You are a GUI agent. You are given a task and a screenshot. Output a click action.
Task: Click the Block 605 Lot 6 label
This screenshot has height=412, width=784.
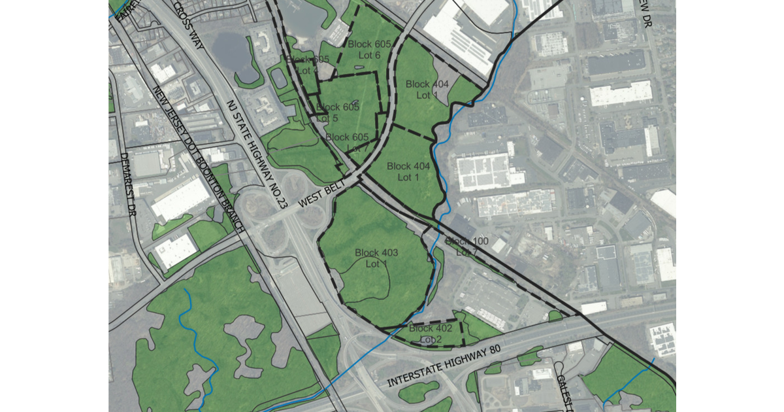tap(369, 50)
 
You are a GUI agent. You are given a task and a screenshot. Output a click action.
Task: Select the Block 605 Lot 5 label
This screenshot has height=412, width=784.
tap(336, 112)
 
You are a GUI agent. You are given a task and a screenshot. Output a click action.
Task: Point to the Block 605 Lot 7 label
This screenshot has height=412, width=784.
tap(347, 143)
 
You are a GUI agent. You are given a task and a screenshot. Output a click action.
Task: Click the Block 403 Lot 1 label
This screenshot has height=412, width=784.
tap(376, 258)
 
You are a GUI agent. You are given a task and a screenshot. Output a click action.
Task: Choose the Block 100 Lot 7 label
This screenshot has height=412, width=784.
tap(466, 247)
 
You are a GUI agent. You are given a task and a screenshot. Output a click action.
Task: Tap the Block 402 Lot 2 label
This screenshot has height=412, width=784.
tap(431, 334)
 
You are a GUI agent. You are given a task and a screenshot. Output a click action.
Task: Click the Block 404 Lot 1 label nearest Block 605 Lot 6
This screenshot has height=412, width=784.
tap(427, 89)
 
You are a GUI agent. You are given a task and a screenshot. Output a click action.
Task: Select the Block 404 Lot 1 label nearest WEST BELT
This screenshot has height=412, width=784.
tap(408, 171)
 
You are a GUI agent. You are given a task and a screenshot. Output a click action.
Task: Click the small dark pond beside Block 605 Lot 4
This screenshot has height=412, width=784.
tap(279, 79)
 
